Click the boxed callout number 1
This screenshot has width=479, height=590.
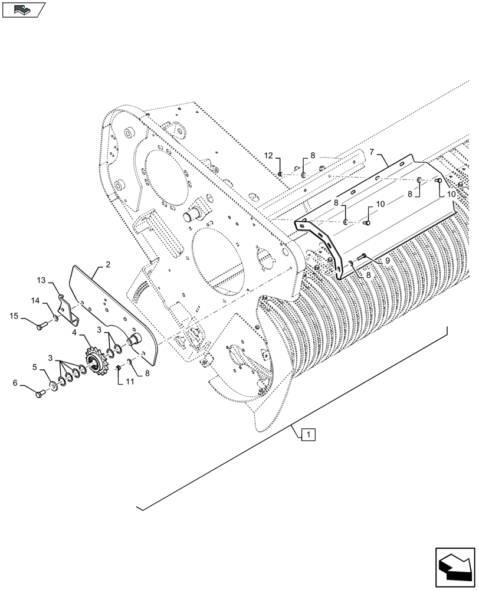[309, 435]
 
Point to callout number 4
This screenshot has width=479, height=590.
[76, 334]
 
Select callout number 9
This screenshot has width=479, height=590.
[387, 260]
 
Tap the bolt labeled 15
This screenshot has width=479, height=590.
[41, 325]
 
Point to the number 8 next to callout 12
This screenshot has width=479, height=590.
[313, 156]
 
